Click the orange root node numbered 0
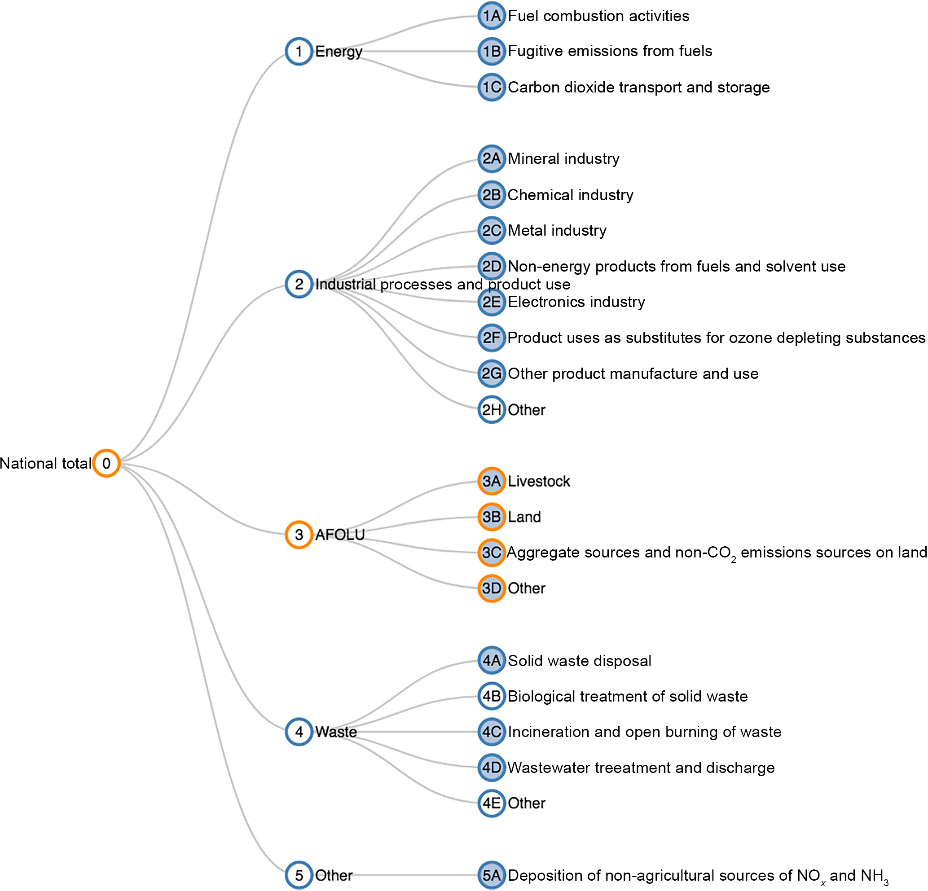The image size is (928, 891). tap(106, 463)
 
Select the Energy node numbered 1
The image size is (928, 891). tap(299, 51)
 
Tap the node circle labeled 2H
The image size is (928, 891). tap(492, 409)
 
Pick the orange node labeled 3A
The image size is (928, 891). tap(492, 481)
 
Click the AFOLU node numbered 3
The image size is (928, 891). tap(299, 535)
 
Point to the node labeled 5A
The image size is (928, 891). tap(492, 875)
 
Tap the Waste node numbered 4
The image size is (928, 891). tap(299, 732)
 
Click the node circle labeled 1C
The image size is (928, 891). tap(492, 87)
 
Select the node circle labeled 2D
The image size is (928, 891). tap(492, 266)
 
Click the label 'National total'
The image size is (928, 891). tap(45, 463)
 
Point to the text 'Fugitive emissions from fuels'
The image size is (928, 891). tap(610, 51)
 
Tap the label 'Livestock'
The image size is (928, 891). tap(539, 481)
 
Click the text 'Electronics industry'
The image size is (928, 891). tap(576, 302)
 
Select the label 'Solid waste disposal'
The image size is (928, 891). tap(580, 660)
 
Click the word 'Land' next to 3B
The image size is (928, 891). tap(524, 517)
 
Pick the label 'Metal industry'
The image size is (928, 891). tap(557, 231)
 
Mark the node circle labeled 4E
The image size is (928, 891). tap(492, 803)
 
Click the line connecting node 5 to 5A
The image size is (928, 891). tap(417, 875)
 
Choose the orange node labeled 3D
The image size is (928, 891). tap(492, 588)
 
